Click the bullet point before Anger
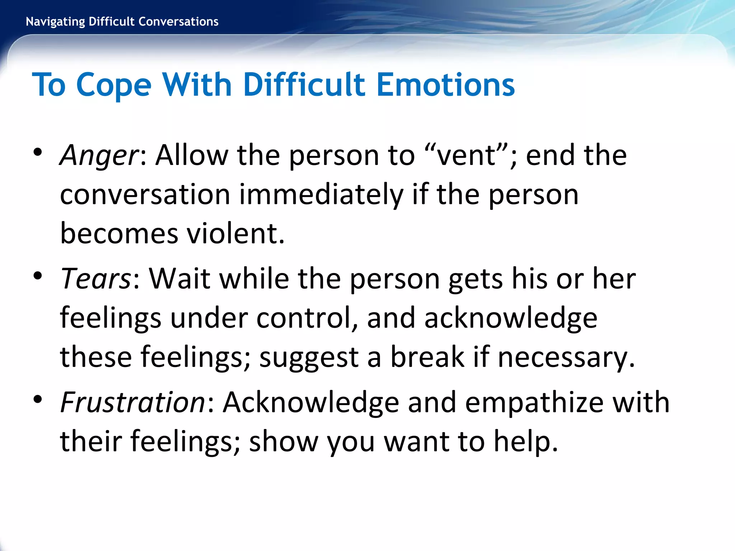tap(38, 152)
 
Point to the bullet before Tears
tap(38, 275)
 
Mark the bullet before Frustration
tap(38, 399)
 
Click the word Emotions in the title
tap(446, 85)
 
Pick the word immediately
tap(321, 195)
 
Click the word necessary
tap(566, 357)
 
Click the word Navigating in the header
tap(56, 22)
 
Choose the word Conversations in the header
tap(178, 22)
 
